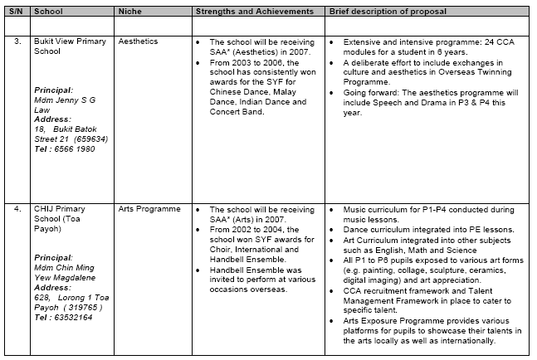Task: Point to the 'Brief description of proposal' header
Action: (387, 12)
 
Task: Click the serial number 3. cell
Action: (14, 40)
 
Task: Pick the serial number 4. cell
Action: (14, 210)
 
